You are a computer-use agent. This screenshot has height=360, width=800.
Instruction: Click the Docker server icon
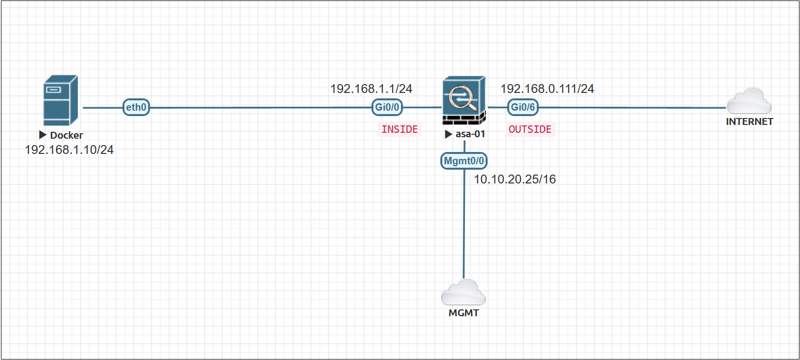point(61,100)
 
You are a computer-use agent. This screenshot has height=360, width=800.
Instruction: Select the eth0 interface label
point(136,107)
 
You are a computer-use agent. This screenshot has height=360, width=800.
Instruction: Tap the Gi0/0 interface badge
point(387,107)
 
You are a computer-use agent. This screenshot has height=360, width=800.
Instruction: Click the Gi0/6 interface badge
point(523,107)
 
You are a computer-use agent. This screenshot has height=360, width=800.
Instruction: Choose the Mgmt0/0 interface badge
point(464,161)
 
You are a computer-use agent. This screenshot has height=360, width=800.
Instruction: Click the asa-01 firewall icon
point(464,100)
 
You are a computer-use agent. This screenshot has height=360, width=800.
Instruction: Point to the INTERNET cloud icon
point(749,101)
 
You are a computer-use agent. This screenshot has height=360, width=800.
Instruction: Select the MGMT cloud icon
point(463,293)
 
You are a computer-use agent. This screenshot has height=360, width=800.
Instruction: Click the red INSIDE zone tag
point(400,129)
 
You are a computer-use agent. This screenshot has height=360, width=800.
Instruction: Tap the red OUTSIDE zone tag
point(530,129)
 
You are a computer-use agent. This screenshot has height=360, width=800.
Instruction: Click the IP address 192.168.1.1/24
point(371,89)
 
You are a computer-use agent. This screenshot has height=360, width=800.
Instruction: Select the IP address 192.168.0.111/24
point(547,89)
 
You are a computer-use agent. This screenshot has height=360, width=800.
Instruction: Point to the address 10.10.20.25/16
point(515,180)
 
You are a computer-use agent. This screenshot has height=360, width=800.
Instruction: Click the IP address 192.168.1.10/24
point(69,150)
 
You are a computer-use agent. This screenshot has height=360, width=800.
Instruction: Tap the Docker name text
point(66,135)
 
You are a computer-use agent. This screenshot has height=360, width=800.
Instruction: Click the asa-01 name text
point(470,134)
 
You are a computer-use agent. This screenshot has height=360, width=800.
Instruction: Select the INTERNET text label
point(749,122)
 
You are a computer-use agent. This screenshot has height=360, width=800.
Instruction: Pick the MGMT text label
point(463,313)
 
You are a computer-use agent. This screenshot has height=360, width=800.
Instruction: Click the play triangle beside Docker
point(43,135)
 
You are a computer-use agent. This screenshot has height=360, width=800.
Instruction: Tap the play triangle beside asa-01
point(448,134)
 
